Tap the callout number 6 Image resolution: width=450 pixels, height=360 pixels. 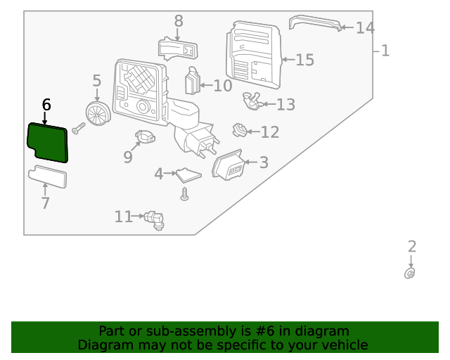click(x=46, y=105)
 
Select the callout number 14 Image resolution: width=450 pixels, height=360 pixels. click(x=365, y=28)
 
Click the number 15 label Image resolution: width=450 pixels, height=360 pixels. click(x=304, y=60)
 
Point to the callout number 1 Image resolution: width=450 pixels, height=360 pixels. click(x=385, y=51)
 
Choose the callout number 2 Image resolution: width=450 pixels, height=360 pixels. click(x=412, y=246)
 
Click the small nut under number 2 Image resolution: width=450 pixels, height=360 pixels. click(x=410, y=274)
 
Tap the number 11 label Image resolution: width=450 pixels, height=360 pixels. click(x=123, y=217)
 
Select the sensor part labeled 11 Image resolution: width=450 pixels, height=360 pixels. click(x=155, y=220)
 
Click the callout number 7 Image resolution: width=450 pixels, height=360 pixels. click(x=45, y=203)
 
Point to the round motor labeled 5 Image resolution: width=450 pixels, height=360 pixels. click(x=97, y=112)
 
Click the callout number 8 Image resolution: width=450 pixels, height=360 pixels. click(x=178, y=21)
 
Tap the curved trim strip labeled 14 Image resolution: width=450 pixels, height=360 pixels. click(x=315, y=22)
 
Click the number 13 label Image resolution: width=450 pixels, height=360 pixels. click(x=285, y=105)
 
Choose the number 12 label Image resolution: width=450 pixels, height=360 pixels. click(x=270, y=132)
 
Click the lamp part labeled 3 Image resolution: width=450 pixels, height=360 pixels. click(x=229, y=167)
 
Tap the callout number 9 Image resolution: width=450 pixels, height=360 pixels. click(x=127, y=157)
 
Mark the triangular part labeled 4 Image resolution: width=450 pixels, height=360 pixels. click(x=188, y=174)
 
